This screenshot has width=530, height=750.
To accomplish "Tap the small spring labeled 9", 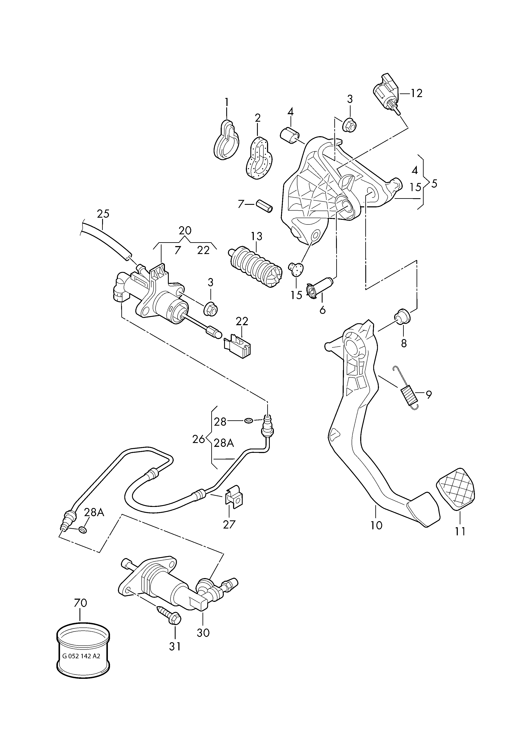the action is [x=407, y=388].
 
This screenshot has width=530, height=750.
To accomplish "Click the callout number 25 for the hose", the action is [x=103, y=214].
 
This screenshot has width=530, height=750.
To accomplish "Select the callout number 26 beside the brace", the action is [x=198, y=439].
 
